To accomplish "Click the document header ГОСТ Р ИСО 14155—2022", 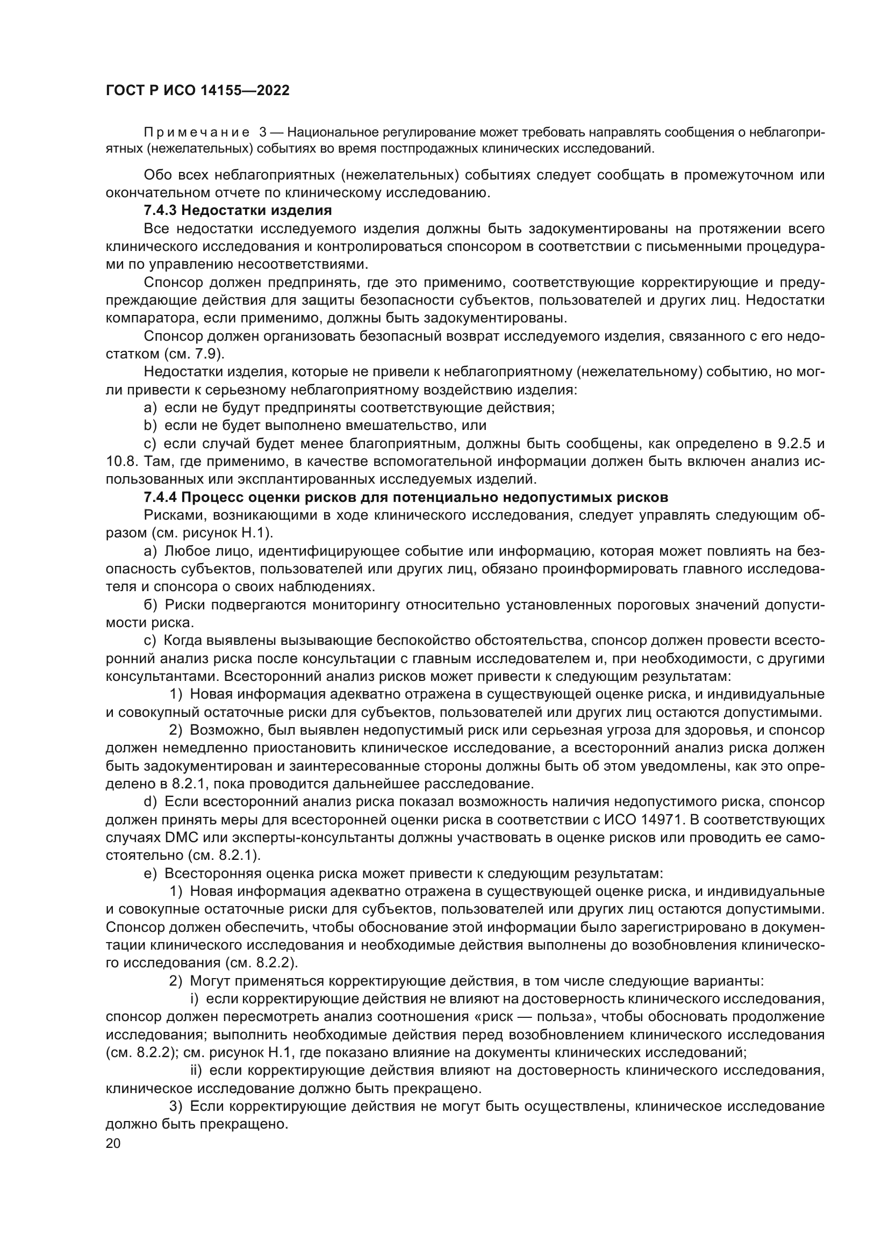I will (198, 91).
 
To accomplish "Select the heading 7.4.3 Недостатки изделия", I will (238, 210).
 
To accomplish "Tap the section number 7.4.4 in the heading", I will (160, 498).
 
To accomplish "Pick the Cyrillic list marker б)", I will (150, 605).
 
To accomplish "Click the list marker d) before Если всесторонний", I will (150, 802).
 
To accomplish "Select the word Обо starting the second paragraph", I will (156, 175).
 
